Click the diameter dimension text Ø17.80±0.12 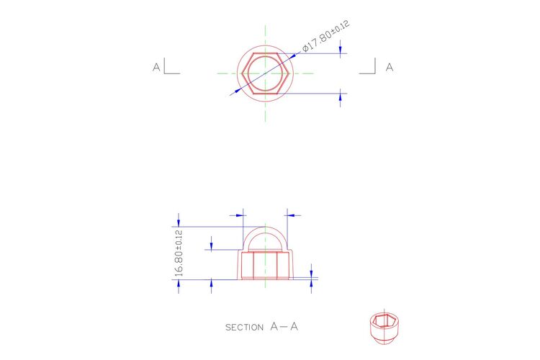pos(326,36)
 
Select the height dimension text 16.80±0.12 pos(179,253)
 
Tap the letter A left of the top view pos(156,67)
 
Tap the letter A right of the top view pos(389,67)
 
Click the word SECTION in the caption pos(244,328)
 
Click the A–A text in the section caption pos(284,326)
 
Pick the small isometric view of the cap pos(384,328)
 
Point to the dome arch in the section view pos(265,227)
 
